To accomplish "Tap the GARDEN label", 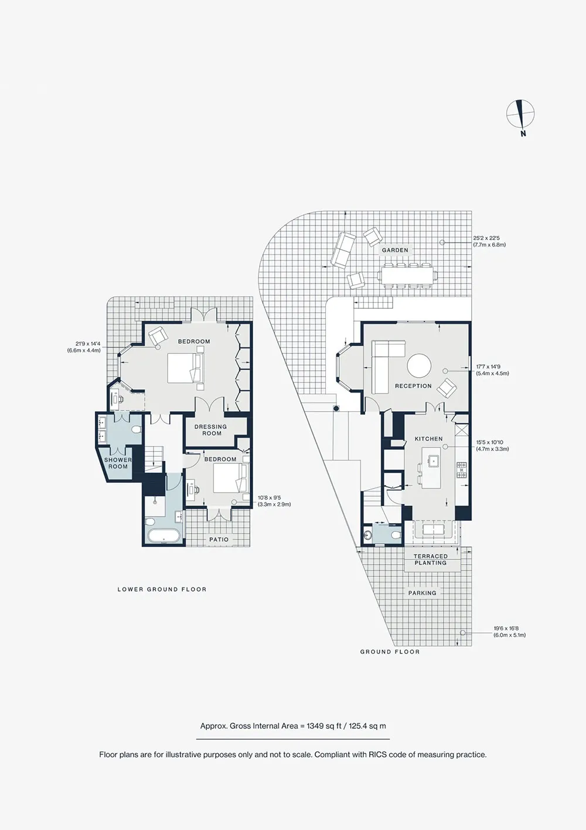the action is click(395, 250).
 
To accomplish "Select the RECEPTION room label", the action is click(413, 386).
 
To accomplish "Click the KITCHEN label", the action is click(428, 439).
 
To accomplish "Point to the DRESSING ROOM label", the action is click(210, 430).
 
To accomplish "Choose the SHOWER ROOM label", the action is click(118, 463).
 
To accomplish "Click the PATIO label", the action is click(219, 539).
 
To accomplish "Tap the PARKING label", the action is click(422, 593).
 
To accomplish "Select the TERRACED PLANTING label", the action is click(430, 559).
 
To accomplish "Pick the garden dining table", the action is click(407, 275).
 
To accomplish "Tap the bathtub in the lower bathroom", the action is click(164, 536).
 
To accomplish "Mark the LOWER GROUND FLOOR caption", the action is click(162, 589).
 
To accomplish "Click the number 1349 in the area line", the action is click(315, 726).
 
